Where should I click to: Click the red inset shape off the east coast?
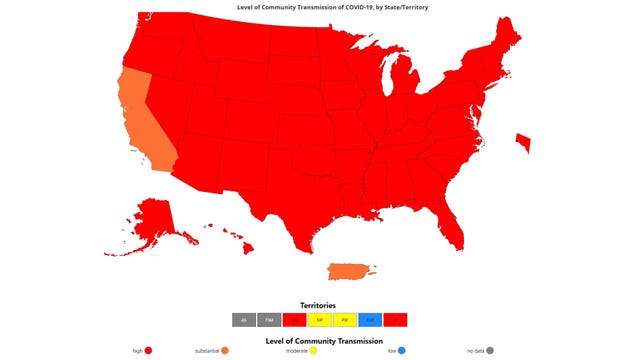coord(522,143)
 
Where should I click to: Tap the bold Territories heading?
coord(319,304)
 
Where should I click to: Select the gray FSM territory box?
coord(269,320)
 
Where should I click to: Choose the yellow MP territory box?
coord(319,320)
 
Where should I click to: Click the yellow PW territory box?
coord(344,320)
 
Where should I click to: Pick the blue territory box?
coord(369,320)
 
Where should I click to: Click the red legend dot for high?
coord(148,351)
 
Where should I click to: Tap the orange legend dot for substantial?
coord(227,351)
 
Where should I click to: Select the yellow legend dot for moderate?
coord(313,351)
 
